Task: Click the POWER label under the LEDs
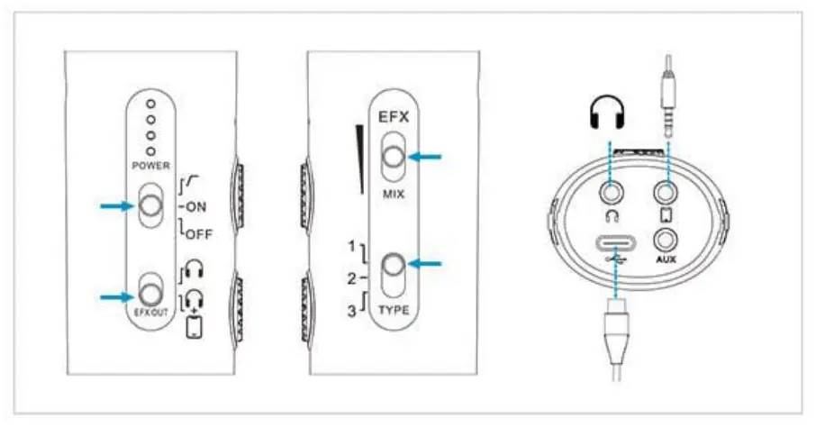(150, 166)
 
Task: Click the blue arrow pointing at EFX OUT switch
(115, 294)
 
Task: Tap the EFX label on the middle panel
(394, 117)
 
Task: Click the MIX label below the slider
(394, 194)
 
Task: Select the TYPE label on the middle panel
(394, 311)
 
